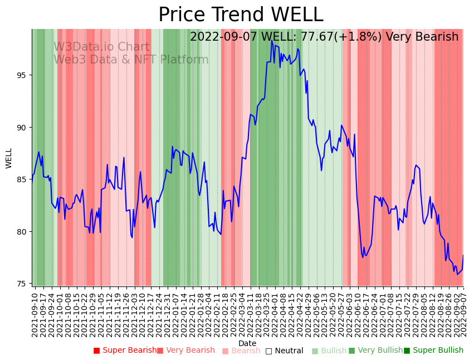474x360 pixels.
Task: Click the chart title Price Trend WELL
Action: (241, 15)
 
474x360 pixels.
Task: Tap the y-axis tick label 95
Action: (21, 75)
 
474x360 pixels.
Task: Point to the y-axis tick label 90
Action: (21, 128)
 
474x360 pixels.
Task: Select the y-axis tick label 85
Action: (21, 179)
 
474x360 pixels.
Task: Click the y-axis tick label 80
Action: (21, 232)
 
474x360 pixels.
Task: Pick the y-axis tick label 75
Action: (21, 284)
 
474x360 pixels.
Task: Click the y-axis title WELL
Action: (9, 158)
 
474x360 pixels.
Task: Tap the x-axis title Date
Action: (247, 344)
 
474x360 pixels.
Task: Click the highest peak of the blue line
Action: (272, 41)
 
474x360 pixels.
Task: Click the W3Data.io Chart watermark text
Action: (101, 47)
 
